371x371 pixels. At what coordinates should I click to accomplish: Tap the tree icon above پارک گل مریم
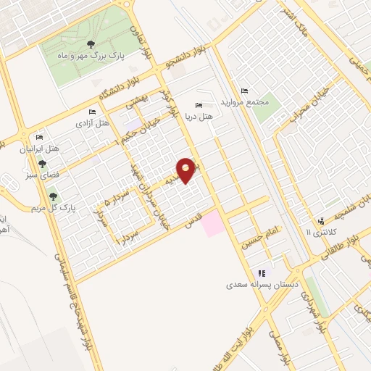pyautogui.click(x=52, y=196)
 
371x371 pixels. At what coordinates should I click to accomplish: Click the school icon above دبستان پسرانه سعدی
pyautogui.click(x=262, y=273)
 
